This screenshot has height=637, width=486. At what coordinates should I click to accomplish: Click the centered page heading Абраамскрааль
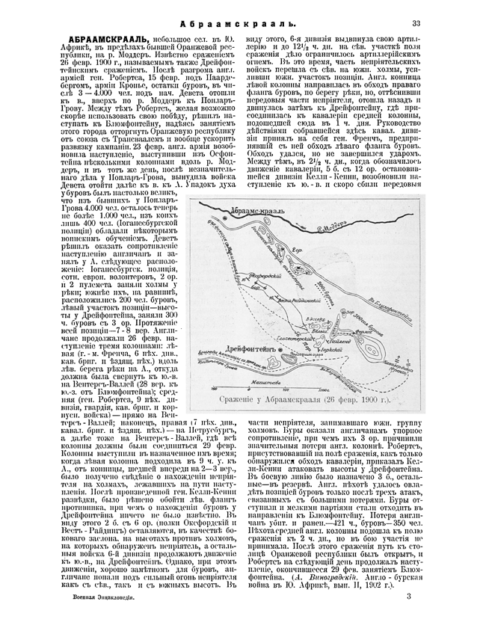point(243,24)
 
